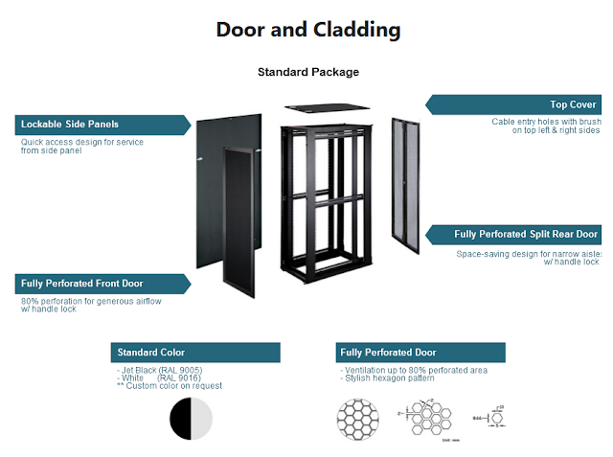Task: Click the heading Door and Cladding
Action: [307, 30]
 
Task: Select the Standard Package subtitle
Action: [307, 72]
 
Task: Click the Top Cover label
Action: [573, 104]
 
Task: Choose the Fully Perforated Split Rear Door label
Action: [526, 234]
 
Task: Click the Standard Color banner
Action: [151, 353]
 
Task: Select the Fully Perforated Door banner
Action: [388, 353]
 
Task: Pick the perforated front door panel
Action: [237, 220]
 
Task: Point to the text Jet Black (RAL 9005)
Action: [161, 370]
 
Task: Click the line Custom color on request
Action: [170, 386]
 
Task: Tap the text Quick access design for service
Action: [82, 142]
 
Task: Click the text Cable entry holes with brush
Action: [546, 122]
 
